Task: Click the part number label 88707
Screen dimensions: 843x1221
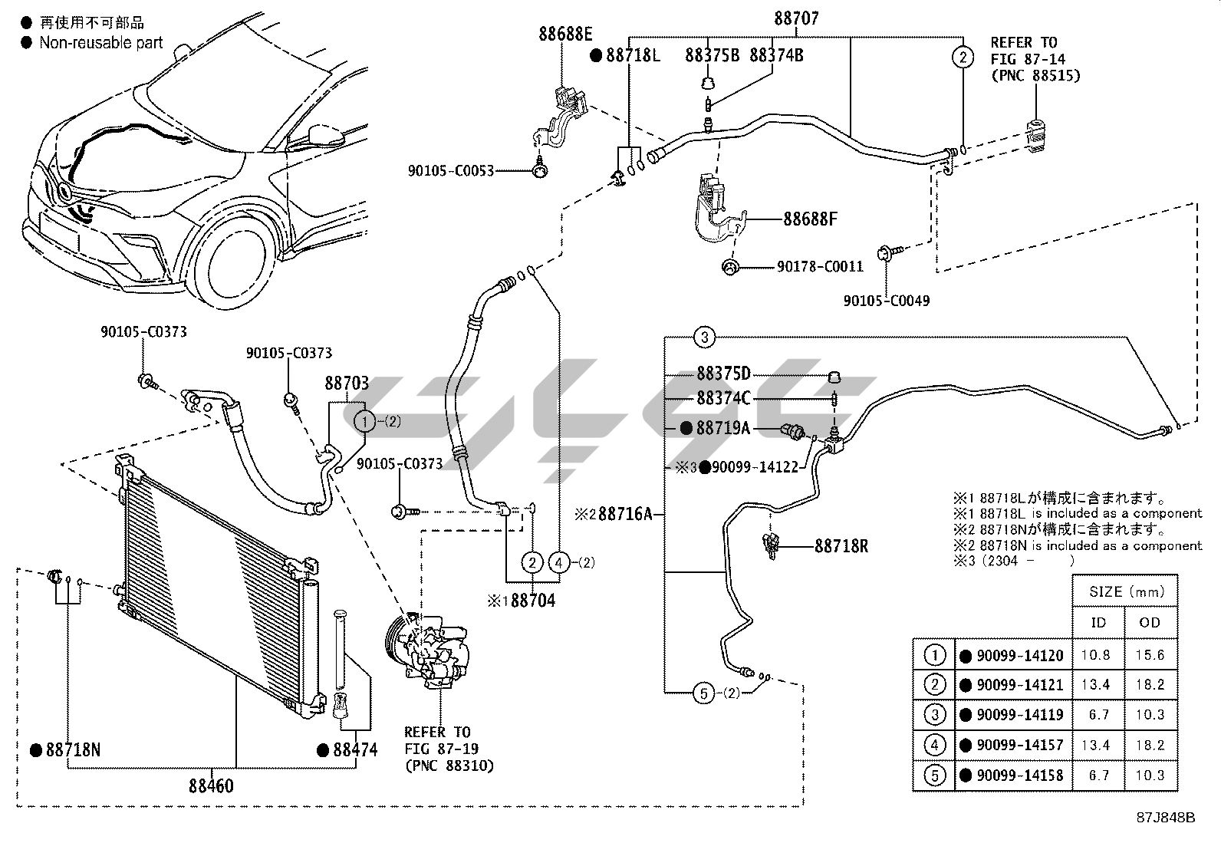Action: (795, 18)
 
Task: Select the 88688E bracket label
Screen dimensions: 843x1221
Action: (565, 34)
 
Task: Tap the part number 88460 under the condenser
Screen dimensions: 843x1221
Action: (212, 786)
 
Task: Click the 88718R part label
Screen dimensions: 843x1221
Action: (841, 546)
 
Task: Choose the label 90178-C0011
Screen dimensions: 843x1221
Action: (820, 267)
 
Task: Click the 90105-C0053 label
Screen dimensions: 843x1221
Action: (451, 171)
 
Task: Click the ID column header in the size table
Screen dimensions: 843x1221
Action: (1098, 623)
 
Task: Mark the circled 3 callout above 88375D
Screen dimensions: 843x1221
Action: (704, 337)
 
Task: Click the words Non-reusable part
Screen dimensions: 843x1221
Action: (101, 43)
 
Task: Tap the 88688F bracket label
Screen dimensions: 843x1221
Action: (810, 219)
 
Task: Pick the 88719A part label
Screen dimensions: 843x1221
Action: (722, 428)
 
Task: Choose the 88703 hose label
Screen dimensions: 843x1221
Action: (346, 382)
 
